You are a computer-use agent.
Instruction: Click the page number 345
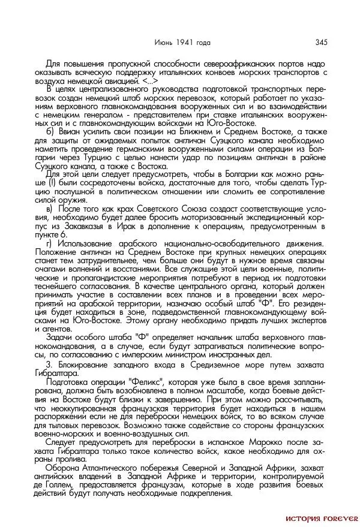click(320, 42)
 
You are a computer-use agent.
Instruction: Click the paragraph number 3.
click(49, 363)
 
